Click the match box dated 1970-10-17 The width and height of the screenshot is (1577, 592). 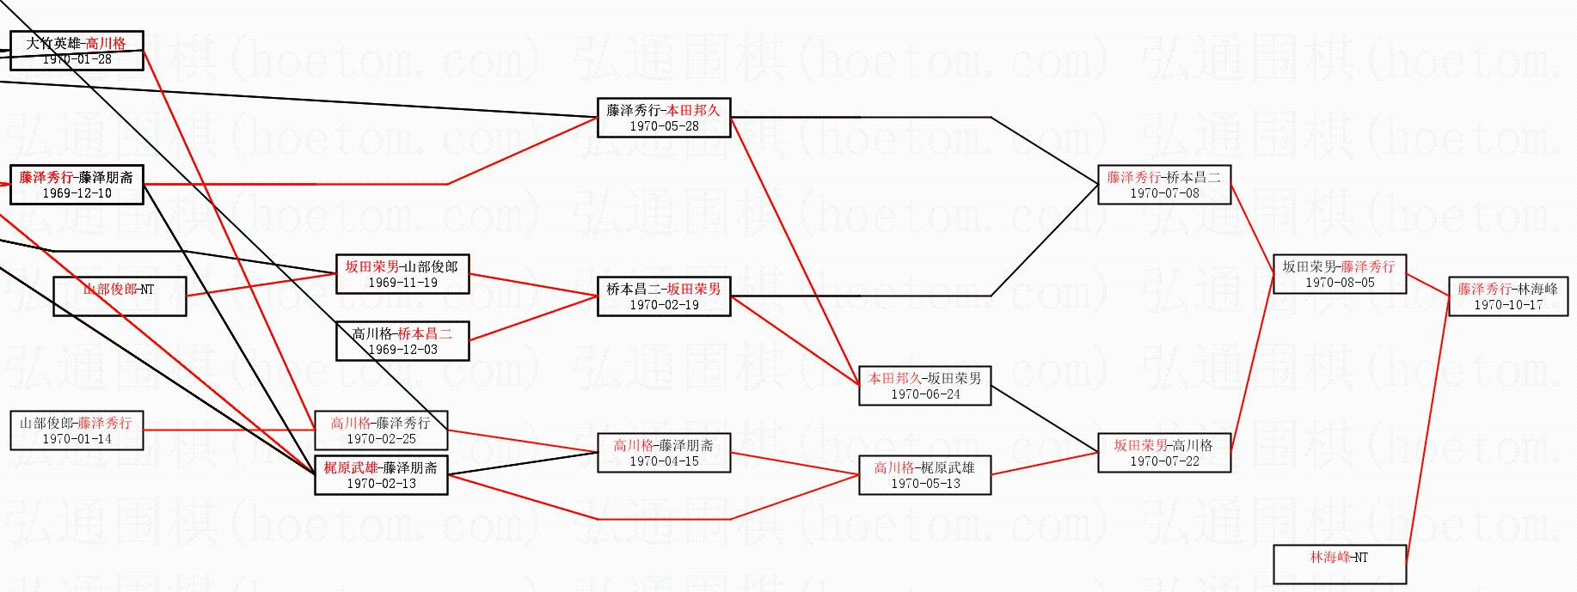point(1507,296)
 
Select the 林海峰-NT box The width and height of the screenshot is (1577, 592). point(1339,565)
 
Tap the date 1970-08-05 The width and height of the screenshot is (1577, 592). point(1340,283)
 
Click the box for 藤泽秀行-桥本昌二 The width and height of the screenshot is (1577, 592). point(1163,185)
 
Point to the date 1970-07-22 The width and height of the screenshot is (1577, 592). point(1164,461)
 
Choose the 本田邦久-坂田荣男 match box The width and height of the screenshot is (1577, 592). point(924,386)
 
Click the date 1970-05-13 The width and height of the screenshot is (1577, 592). point(924,484)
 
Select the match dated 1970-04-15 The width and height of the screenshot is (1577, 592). point(664,453)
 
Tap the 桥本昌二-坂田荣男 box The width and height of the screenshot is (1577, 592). point(664,296)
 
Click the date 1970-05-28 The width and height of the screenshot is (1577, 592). point(664,126)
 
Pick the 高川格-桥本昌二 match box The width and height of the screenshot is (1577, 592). point(402,341)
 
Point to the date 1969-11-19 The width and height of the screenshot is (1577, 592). point(402,283)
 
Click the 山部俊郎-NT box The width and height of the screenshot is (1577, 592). point(119,296)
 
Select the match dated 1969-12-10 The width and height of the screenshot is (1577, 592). point(77,185)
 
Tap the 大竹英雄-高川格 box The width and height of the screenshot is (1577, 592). point(77,51)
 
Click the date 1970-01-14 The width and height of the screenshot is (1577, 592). point(77,439)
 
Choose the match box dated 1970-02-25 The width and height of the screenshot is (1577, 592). point(381,430)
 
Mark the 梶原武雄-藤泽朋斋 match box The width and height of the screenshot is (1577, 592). point(381,475)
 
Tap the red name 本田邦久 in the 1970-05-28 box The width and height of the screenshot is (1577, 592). point(693,110)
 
